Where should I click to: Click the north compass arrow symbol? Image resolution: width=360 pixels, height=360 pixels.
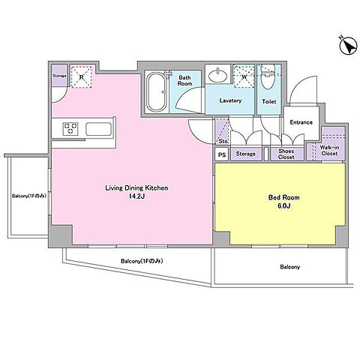[348, 46]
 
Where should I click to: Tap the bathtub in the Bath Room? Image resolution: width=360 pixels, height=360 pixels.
[157, 92]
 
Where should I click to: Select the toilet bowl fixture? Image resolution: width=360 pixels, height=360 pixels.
[268, 77]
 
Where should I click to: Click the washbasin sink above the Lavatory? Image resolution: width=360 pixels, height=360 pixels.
[217, 75]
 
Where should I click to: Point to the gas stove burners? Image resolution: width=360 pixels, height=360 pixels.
[70, 129]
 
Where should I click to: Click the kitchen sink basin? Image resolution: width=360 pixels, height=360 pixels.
[98, 129]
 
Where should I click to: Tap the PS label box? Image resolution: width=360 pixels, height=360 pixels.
[222, 154]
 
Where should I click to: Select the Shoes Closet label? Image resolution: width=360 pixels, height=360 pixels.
[286, 154]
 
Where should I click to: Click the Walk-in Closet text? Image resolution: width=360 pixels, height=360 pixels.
[329, 151]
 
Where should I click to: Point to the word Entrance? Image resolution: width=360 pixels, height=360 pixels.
[301, 122]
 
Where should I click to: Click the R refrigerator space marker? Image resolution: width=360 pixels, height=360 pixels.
[82, 77]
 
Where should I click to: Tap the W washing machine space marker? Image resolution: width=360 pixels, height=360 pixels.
[244, 76]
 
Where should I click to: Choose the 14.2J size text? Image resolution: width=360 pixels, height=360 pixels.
[136, 196]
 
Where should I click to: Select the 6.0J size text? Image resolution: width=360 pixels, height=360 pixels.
[284, 206]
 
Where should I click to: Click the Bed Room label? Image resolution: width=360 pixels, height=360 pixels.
[284, 197]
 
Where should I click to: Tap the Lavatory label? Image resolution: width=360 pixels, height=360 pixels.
[230, 100]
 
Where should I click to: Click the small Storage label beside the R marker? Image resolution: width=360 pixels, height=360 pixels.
[59, 76]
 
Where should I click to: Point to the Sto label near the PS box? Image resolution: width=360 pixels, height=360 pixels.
[223, 141]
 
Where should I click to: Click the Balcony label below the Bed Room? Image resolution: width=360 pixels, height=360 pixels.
[289, 267]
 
